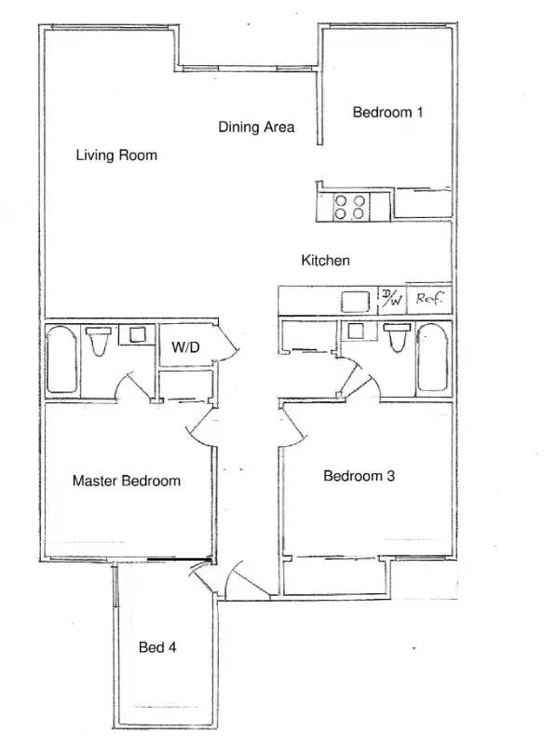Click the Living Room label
[116, 155]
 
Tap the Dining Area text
[256, 127]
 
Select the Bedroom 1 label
[387, 112]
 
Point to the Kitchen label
[326, 260]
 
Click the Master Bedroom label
[127, 481]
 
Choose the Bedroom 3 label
[359, 476]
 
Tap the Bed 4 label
[157, 647]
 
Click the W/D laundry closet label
[185, 346]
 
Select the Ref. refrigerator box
[429, 299]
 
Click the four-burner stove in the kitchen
[350, 207]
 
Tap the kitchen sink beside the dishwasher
[356, 301]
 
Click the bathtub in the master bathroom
[61, 359]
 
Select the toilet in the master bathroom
[99, 341]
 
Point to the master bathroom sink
[137, 334]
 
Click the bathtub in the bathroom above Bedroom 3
[432, 358]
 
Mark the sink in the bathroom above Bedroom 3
[357, 331]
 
